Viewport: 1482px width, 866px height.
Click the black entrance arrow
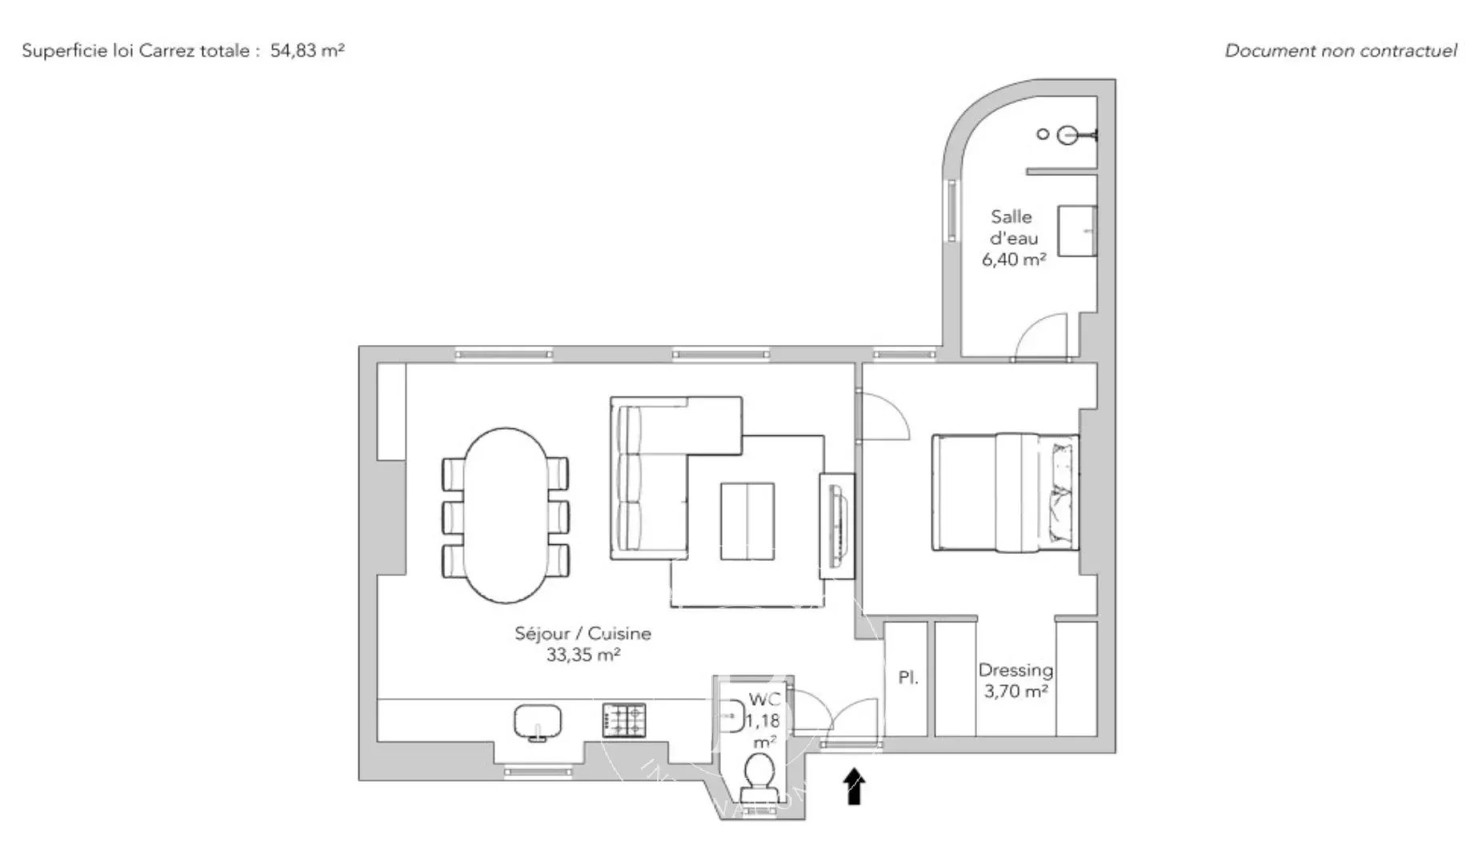[855, 785]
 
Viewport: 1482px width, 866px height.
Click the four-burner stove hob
[624, 720]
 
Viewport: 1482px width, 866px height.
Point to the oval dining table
[505, 515]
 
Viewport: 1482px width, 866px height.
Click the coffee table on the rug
[747, 521]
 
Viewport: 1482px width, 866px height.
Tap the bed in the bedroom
[1005, 492]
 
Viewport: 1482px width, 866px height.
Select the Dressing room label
[1015, 671]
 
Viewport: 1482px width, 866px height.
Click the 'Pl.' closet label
[907, 678]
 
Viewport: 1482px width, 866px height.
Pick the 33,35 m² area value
[583, 655]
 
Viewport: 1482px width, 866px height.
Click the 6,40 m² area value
[1014, 259]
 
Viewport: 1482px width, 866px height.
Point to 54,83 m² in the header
[307, 50]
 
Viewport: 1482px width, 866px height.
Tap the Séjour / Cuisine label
[583, 633]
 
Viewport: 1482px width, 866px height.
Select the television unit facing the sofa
[836, 525]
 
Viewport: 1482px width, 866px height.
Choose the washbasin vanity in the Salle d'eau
[1077, 231]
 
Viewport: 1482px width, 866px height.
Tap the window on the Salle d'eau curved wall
[952, 210]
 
